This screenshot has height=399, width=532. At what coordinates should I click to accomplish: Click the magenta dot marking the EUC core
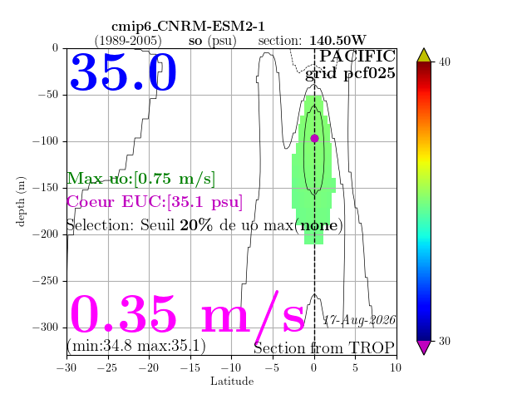pos(314,139)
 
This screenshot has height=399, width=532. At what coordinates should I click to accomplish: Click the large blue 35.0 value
pos(123,72)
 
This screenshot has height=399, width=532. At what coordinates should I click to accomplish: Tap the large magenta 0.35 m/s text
pos(187,315)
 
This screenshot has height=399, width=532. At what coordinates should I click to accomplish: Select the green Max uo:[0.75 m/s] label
pos(140,178)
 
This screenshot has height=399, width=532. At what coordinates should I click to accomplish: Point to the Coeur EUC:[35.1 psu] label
pos(155,202)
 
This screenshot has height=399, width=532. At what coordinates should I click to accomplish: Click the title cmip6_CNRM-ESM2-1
pos(188,27)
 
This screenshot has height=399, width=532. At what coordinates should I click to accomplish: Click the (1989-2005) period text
pos(128,41)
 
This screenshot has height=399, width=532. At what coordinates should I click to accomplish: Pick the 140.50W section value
pos(337,41)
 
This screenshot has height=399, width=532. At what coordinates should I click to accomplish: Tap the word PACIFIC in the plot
pos(357,56)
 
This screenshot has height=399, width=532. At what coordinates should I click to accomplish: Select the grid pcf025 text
pos(350,74)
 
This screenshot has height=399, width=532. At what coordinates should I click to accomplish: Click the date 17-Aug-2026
pos(359,320)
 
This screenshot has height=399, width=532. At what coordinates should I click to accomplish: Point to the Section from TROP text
pos(324,348)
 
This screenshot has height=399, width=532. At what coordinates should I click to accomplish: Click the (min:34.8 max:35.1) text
pos(136,346)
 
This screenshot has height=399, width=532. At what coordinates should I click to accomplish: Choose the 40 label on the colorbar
pos(445,62)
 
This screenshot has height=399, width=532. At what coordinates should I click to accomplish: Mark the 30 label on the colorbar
pos(445,341)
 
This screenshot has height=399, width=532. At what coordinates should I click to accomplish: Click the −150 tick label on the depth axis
pos(46,188)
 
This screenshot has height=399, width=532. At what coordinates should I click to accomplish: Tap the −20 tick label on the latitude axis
pos(149,367)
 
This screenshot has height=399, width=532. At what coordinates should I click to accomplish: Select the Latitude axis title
pos(232,382)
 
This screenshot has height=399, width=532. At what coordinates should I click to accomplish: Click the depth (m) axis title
pos(21,201)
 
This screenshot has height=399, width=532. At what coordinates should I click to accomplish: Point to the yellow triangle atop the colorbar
pos(424,56)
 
